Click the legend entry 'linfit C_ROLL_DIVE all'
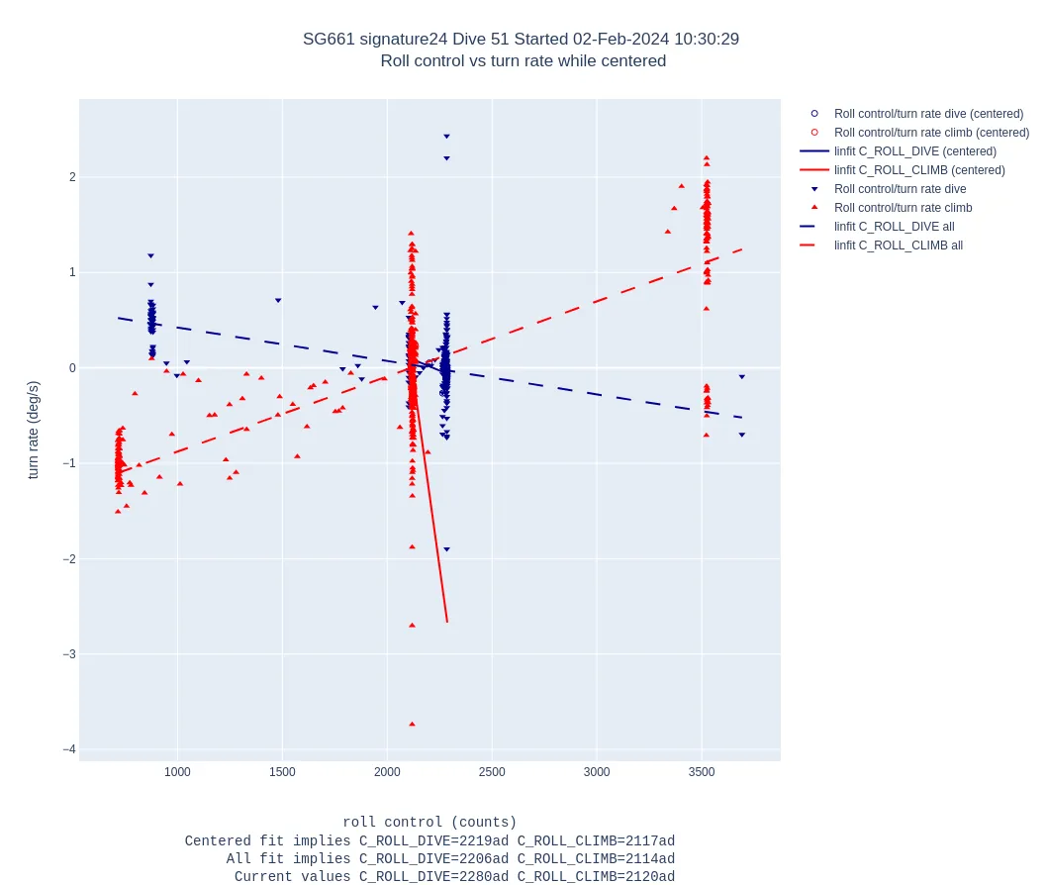point(894,227)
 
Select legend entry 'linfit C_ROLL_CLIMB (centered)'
point(918,170)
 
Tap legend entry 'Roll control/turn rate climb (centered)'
point(930,133)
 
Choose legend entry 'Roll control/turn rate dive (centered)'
point(928,114)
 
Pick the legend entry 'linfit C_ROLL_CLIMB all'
point(898,246)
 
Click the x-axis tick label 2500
point(492,772)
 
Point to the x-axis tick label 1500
point(282,772)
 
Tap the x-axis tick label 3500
point(702,772)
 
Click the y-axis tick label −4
point(68,749)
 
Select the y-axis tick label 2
point(72,177)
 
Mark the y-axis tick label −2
point(68,559)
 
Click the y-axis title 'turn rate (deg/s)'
point(34,430)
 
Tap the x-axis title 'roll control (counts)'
point(429,823)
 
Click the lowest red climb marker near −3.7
point(412,724)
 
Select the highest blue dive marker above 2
point(446,137)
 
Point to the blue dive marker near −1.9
point(446,549)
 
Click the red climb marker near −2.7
point(412,625)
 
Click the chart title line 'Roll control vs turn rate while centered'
point(523,61)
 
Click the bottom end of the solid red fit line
point(447,622)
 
